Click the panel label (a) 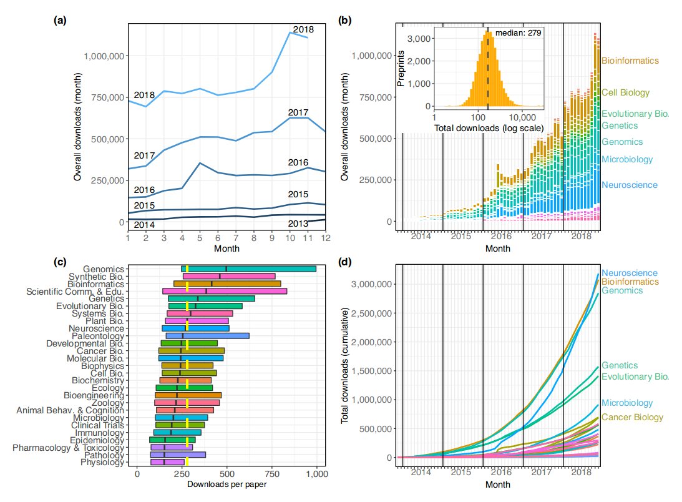pos(61,21)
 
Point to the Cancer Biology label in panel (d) pos(636,417)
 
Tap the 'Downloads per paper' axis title pos(227,485)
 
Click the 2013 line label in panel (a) pos(298,224)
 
